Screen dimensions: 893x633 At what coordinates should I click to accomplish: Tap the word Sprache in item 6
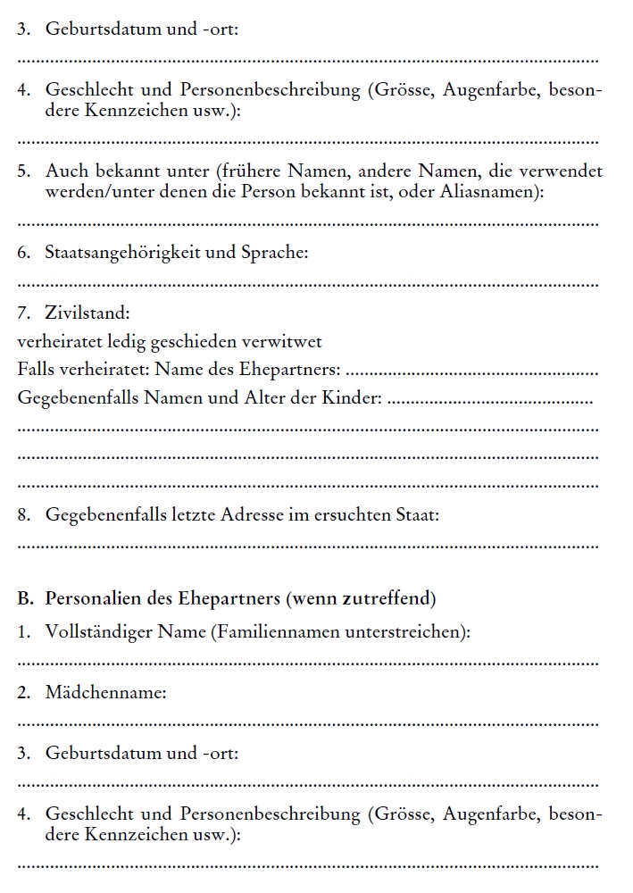pyautogui.click(x=274, y=253)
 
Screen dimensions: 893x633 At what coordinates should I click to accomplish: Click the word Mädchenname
pyautogui.click(x=105, y=692)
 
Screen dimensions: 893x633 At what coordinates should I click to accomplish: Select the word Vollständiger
pyautogui.click(x=99, y=631)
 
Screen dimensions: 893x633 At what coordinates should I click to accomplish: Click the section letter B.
pyautogui.click(x=24, y=597)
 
